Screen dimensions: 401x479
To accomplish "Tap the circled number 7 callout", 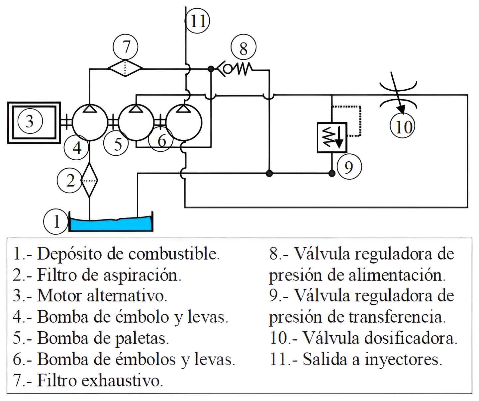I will (x=126, y=46).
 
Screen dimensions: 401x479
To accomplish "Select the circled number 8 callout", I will (x=243, y=49).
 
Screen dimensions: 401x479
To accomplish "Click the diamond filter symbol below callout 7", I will (x=125, y=68).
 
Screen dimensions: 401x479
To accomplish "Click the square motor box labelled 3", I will (x=34, y=122).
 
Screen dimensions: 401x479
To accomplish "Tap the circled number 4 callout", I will (x=77, y=147).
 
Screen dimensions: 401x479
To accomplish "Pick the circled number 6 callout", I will (x=161, y=141).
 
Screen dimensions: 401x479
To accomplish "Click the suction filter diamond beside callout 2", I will (x=90, y=181).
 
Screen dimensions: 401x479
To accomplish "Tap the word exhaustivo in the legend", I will (x=122, y=380).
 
